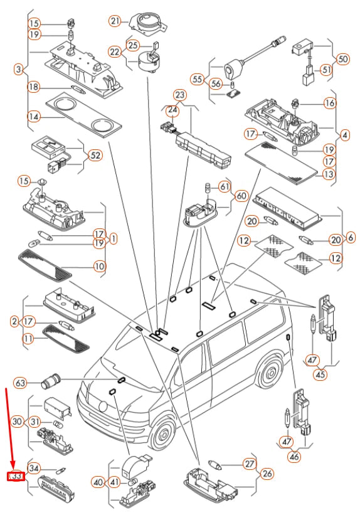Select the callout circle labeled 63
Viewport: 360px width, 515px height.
coord(20,382)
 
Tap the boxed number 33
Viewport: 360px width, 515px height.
coord(16,477)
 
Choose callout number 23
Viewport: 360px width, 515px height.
coord(180,95)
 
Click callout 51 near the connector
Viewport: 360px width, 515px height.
coord(326,69)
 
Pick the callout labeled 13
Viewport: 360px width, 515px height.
coord(327,174)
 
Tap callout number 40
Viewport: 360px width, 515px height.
coord(98,482)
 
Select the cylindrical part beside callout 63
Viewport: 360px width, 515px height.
coord(50,381)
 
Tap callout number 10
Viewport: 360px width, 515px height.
coord(99,266)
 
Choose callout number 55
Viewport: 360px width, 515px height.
coord(198,80)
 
